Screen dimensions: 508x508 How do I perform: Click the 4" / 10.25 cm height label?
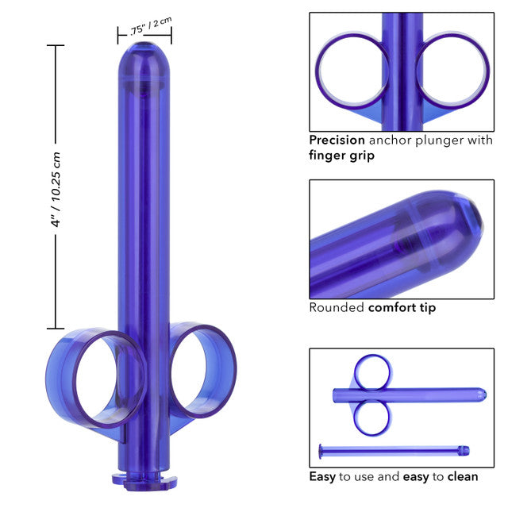56,187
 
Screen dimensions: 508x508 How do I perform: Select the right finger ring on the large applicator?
203,370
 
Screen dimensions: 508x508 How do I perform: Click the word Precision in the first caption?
337,140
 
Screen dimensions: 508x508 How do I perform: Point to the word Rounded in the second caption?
337,307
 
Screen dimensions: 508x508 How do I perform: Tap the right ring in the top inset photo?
453,71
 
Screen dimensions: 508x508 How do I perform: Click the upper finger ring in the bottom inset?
371,371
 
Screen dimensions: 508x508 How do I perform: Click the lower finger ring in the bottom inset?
371,417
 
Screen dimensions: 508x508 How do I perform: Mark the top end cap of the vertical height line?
55,46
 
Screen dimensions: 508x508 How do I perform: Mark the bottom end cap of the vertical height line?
55,328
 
